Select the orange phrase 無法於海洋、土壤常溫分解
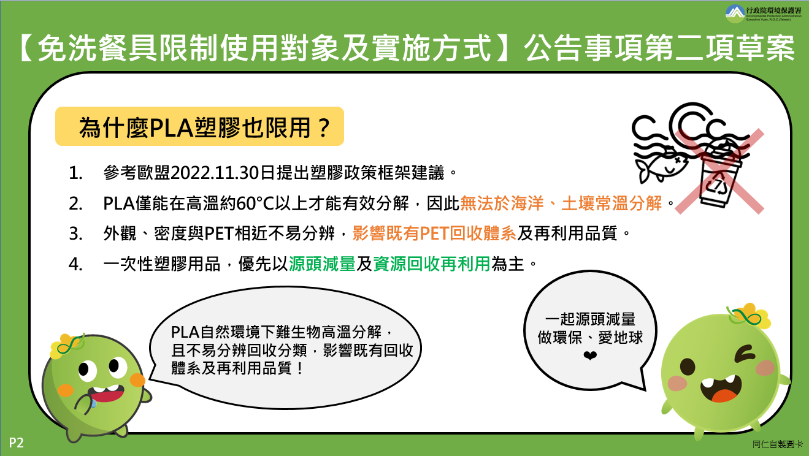[561, 203]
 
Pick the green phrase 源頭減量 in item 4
[322, 264]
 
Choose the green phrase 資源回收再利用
[431, 264]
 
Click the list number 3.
[75, 234]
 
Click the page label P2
[16, 443]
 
